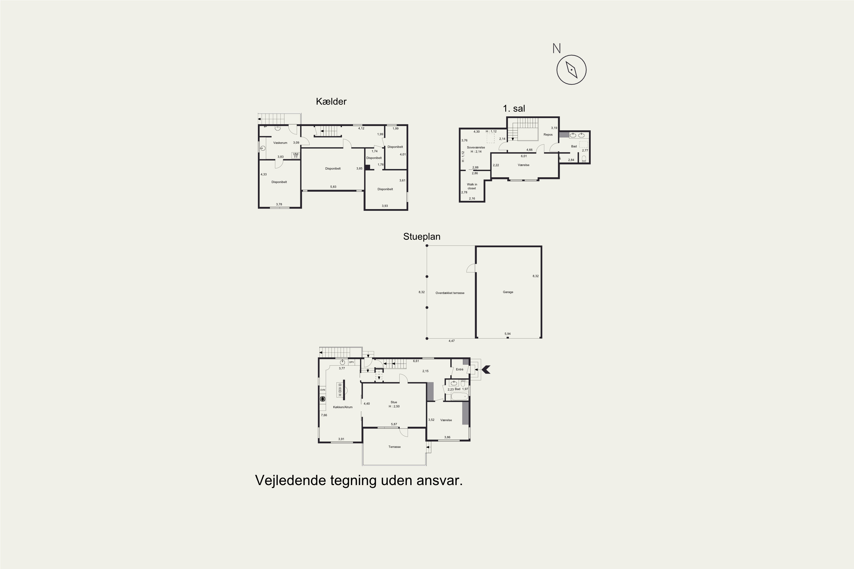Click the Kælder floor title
coord(331,102)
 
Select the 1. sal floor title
coord(514,108)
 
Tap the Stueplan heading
coord(422,237)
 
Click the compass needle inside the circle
coord(572,70)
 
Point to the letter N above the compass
coord(557,48)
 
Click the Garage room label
coord(508,292)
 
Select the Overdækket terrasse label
coord(450,293)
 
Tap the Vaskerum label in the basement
coord(280,143)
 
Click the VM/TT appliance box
coord(295,155)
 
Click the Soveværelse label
coord(476,148)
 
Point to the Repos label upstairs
coord(548,135)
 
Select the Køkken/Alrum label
coord(343,407)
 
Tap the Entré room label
coord(460,369)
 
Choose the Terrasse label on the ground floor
coord(394,447)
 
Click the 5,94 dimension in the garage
coord(508,334)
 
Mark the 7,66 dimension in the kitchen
coord(324,415)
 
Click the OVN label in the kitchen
coord(323,390)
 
